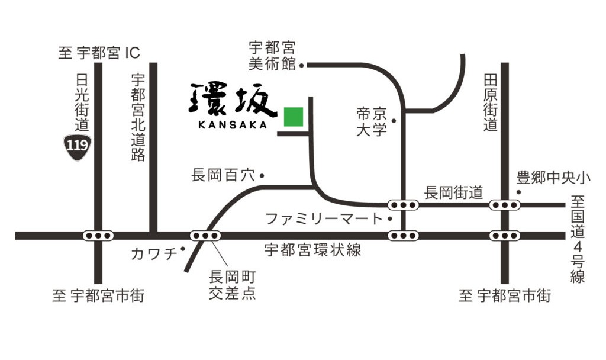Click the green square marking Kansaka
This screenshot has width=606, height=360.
(x=293, y=117)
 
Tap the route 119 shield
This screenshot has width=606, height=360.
(x=77, y=146)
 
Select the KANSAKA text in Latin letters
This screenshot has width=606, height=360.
(x=233, y=125)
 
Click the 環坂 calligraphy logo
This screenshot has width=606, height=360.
(x=233, y=99)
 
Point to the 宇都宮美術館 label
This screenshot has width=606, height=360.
(x=272, y=56)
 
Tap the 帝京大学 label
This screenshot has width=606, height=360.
(x=372, y=121)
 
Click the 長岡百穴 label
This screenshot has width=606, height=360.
(x=223, y=175)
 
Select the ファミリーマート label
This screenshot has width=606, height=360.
(x=324, y=218)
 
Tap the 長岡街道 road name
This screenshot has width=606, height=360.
(x=454, y=192)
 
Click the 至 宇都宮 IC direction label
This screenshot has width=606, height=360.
(x=99, y=53)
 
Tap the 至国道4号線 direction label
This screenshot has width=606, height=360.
(x=578, y=240)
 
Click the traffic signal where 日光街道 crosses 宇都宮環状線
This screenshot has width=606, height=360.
(x=98, y=235)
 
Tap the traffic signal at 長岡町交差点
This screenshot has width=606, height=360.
(x=205, y=235)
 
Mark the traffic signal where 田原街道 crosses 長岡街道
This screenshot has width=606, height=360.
(x=505, y=205)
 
